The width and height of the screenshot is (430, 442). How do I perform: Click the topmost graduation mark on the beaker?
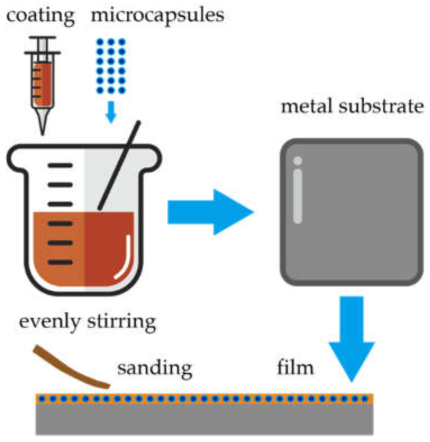pos(60,165)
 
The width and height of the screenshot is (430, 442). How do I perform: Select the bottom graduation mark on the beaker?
pos(60,263)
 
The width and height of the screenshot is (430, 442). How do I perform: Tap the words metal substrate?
pos(352,107)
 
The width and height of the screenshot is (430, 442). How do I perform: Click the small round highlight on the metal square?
pos(298,161)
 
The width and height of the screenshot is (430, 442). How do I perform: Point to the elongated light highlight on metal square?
pos(298,197)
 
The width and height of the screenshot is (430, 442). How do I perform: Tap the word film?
pos(295,368)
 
